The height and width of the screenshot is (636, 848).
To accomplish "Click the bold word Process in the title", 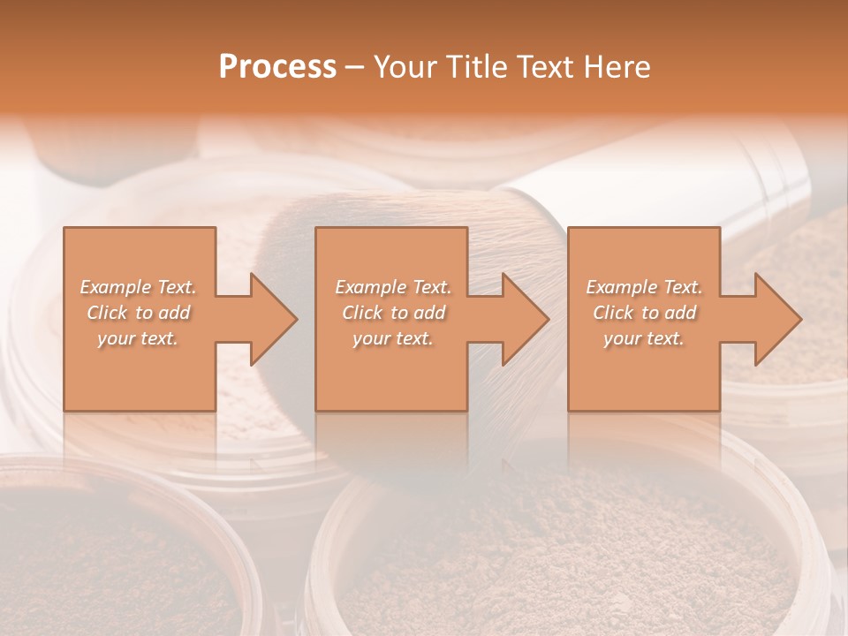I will pyautogui.click(x=277, y=67).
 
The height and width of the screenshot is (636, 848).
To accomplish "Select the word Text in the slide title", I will pyautogui.click(x=544, y=67).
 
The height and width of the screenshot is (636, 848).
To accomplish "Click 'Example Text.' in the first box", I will pyautogui.click(x=139, y=287).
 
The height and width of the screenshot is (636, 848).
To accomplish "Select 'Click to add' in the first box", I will pyautogui.click(x=139, y=313).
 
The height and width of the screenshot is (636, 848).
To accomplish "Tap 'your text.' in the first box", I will pyautogui.click(x=139, y=338).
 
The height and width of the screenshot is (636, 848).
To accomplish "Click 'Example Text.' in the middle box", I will pyautogui.click(x=393, y=287).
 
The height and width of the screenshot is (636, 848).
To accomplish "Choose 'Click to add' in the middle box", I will pyautogui.click(x=393, y=313).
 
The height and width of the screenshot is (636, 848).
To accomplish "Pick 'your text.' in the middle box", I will pyautogui.click(x=393, y=338).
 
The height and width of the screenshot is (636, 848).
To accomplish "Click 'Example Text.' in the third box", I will pyautogui.click(x=644, y=287).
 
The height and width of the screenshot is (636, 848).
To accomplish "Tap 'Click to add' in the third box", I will pyautogui.click(x=644, y=313).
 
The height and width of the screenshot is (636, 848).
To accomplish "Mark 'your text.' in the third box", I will pyautogui.click(x=644, y=338).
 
